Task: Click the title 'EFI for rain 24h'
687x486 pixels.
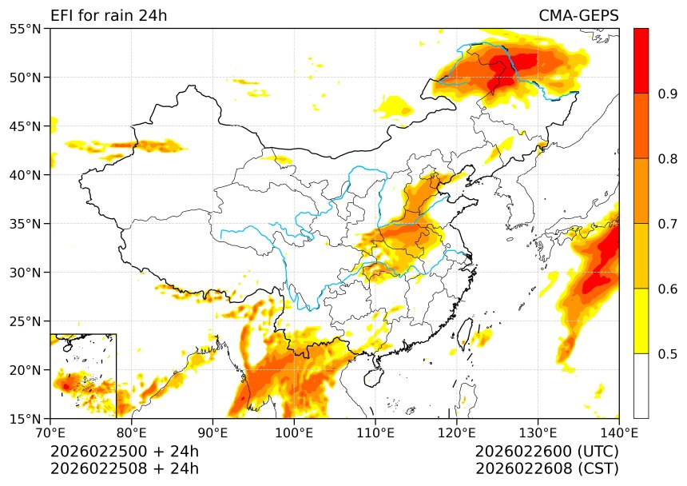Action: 109,16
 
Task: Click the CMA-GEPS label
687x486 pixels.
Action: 578,16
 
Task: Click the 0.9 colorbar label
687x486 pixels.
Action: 668,94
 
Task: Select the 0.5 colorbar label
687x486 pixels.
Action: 668,353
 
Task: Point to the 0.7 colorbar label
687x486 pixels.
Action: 668,224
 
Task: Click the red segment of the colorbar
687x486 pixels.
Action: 641,61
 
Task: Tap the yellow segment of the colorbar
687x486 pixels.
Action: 641,321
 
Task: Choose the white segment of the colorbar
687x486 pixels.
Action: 641,385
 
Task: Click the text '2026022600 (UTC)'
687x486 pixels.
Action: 546,452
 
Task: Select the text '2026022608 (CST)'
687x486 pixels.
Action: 546,468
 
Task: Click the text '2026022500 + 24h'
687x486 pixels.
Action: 125,452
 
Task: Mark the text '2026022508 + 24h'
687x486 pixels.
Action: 125,468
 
